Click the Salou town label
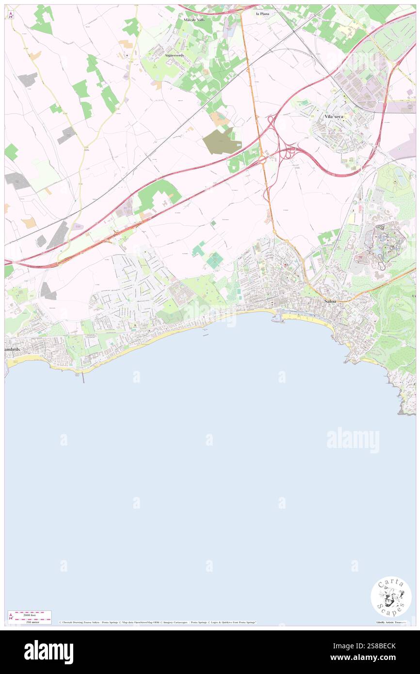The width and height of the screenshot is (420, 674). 331,301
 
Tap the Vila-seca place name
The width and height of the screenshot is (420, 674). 335,116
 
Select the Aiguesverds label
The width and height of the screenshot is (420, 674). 174,56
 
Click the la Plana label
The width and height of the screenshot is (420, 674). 263,14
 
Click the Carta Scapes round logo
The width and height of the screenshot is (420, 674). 391,596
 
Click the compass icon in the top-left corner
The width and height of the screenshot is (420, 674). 11,15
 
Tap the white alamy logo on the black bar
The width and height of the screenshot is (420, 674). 48,652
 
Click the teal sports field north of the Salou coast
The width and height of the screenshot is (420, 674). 215,260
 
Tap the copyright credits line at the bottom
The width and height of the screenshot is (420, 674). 158,622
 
